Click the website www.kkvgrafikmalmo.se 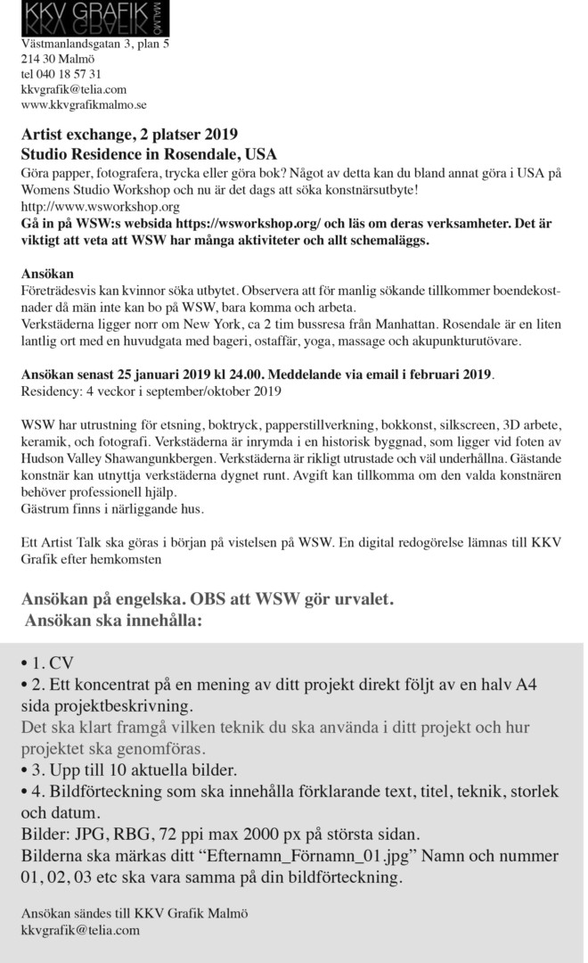pyautogui.click(x=77, y=104)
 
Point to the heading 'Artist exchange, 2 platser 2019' pyautogui.click(x=129, y=136)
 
